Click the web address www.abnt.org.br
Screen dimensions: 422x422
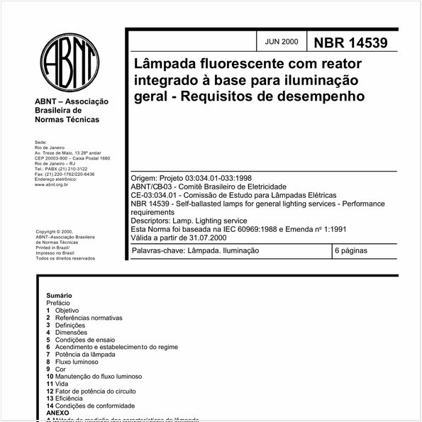coord(51,184)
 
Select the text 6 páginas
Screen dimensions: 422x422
coord(354,251)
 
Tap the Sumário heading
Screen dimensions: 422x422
coord(59,295)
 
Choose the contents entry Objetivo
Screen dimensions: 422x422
coord(67,311)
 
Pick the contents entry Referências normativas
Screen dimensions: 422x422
coord(89,318)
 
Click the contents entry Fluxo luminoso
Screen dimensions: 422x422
coord(79,362)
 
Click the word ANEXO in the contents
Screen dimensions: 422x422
coord(58,413)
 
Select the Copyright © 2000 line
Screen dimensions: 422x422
coord(55,231)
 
